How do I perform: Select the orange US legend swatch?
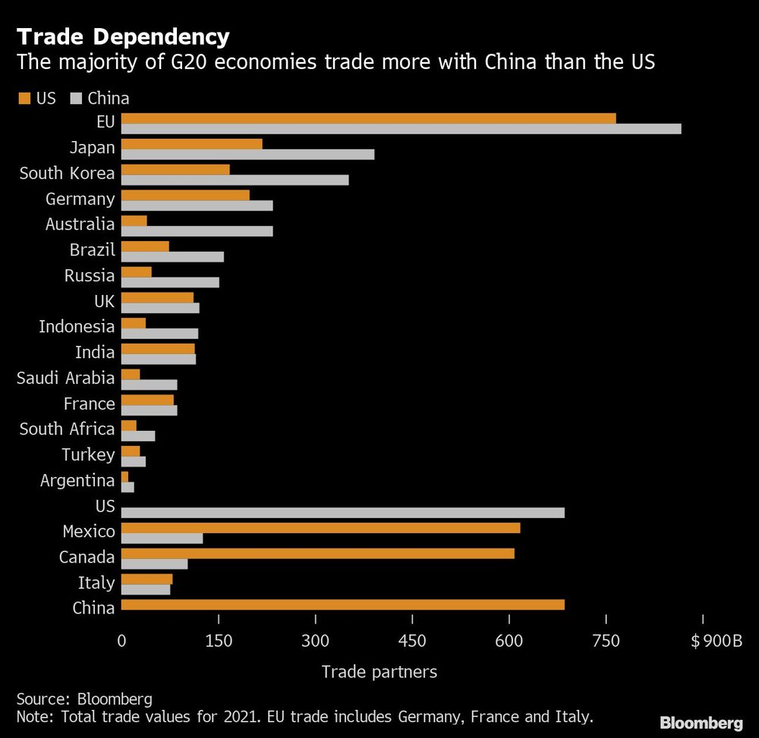point(24,98)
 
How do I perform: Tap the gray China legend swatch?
point(76,98)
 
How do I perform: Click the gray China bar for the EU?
point(401,129)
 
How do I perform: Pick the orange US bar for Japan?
point(191,144)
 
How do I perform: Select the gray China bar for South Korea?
point(235,180)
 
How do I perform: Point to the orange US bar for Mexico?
point(320,527)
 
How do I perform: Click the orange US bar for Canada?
point(317,553)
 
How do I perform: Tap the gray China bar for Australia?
point(197,231)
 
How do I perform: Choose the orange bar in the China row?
point(342,605)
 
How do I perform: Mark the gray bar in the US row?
point(342,513)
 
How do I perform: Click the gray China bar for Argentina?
point(128,487)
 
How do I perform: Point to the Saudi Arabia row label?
point(66,378)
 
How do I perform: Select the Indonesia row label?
point(77,327)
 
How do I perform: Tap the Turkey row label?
point(88,455)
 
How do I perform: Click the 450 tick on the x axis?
point(412,641)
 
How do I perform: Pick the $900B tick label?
point(716,641)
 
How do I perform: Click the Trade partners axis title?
point(379,671)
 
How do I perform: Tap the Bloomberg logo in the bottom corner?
point(701,723)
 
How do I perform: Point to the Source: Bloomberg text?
point(84,699)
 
